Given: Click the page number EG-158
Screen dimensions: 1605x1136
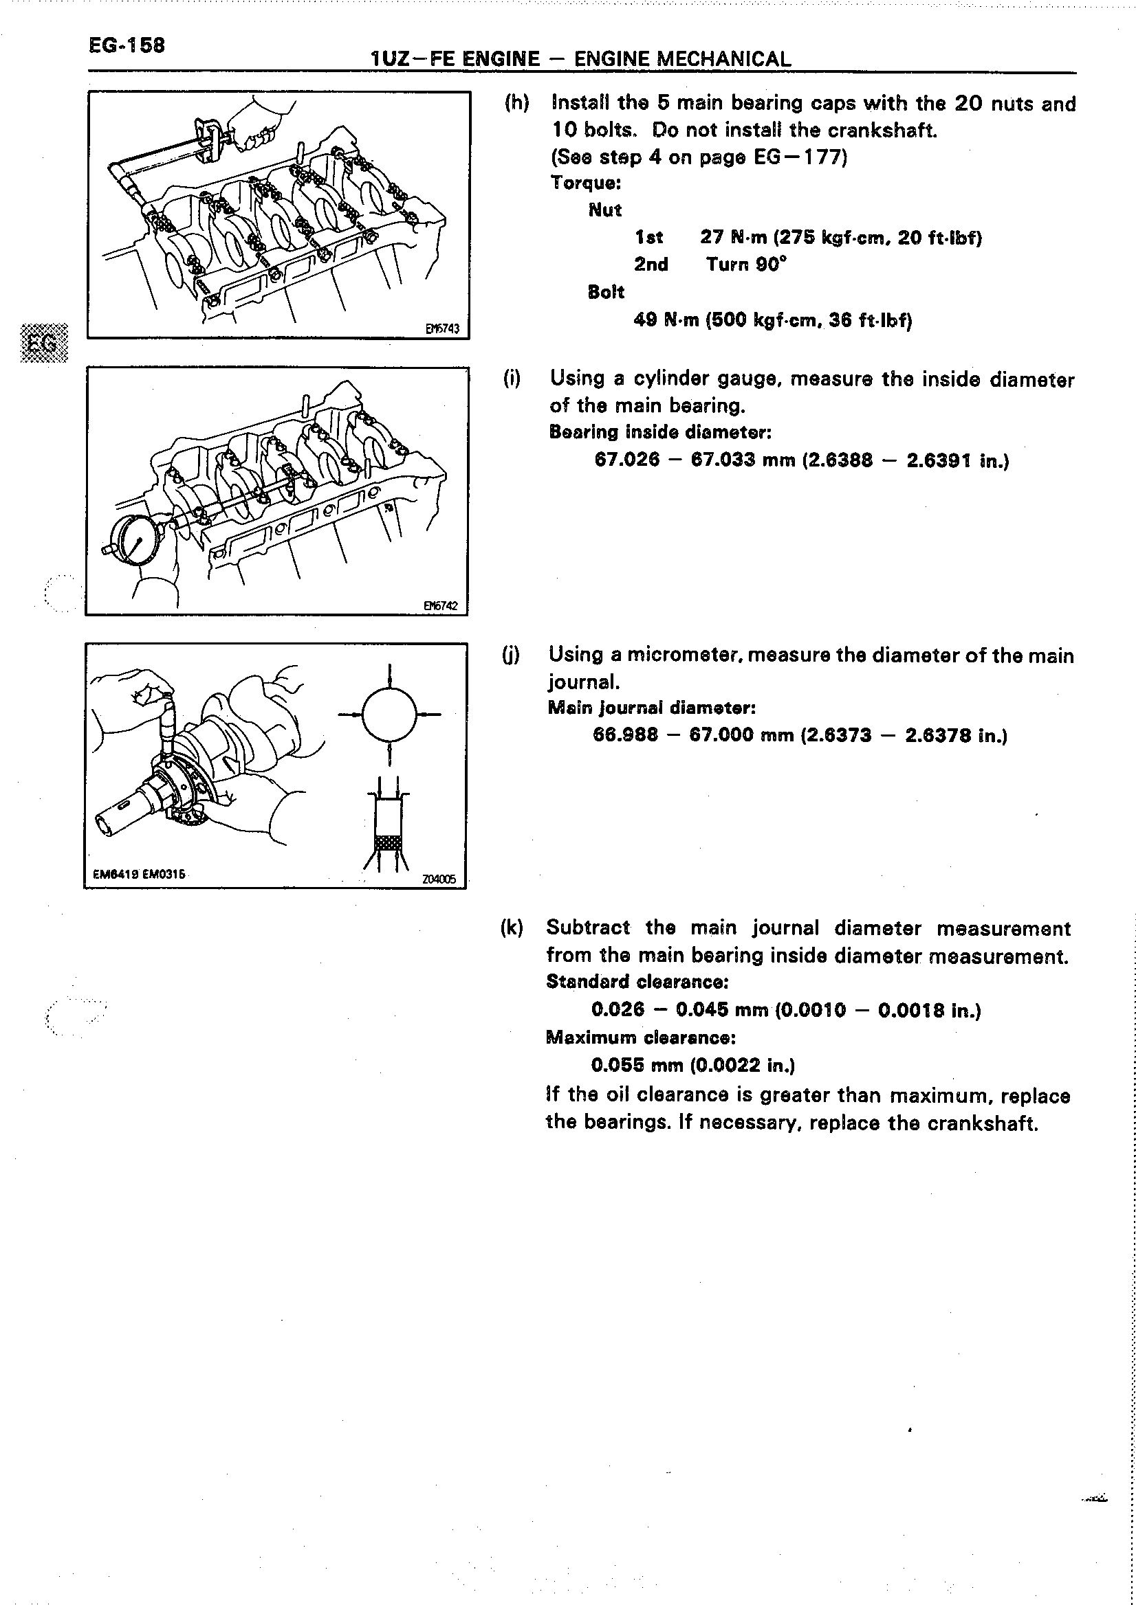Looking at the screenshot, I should pyautogui.click(x=127, y=45).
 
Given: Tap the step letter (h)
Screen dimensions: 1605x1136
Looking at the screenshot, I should pyautogui.click(x=516, y=103).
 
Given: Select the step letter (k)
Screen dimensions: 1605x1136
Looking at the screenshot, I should pyautogui.click(x=512, y=928).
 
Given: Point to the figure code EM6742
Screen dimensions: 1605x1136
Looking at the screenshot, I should pyautogui.click(x=441, y=605).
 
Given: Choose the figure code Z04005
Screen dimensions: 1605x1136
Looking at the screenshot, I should pyautogui.click(x=439, y=879).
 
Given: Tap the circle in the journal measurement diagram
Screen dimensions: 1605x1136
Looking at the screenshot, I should pyautogui.click(x=389, y=714).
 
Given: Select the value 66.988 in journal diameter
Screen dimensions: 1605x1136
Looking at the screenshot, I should pyautogui.click(x=625, y=734).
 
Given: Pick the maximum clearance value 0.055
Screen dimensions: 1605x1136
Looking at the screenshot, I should pyautogui.click(x=618, y=1065).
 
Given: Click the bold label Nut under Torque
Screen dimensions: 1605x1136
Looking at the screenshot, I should pyautogui.click(x=605, y=210).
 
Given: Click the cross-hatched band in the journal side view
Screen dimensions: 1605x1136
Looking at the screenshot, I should pyautogui.click(x=390, y=843).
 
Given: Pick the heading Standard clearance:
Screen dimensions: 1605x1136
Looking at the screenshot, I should pyautogui.click(x=637, y=981).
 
